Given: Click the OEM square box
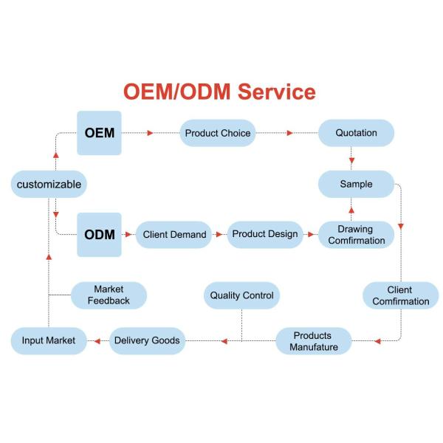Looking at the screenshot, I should click(x=99, y=133).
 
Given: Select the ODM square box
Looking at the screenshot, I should click(x=99, y=235).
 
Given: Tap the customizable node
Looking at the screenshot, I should click(x=49, y=184).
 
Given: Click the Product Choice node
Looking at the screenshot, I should click(x=218, y=133).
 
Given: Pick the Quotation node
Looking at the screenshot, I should click(x=356, y=133).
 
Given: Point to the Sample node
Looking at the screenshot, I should click(x=356, y=184).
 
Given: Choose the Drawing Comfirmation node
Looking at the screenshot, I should click(x=356, y=235).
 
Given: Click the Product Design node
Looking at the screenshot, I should click(x=265, y=234).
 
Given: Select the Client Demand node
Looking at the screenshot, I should click(x=174, y=235).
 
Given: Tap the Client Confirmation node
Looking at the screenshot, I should click(x=400, y=295).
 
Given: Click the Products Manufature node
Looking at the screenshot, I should click(x=314, y=341).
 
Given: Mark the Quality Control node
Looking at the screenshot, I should click(x=241, y=295).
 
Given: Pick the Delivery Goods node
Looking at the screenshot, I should click(x=147, y=341).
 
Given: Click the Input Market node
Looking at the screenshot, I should click(x=49, y=341).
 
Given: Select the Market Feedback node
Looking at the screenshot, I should click(x=109, y=295).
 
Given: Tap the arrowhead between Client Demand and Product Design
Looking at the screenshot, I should click(x=219, y=235).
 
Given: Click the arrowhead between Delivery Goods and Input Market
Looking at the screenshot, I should click(x=95, y=341).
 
